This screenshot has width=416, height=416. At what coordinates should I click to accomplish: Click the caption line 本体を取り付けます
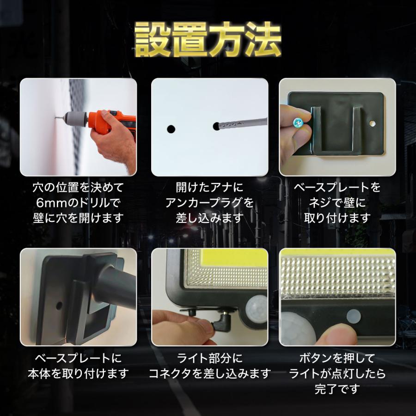point(78,373)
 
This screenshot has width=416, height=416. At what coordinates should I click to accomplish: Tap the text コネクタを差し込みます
point(209,373)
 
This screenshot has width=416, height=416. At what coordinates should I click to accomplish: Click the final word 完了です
point(337,388)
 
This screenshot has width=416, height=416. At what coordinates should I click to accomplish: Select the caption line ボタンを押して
point(337,357)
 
